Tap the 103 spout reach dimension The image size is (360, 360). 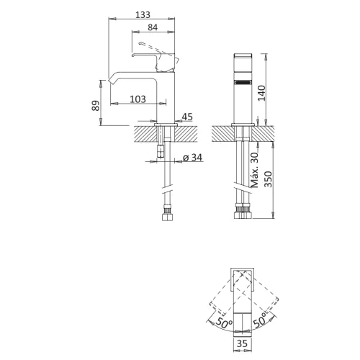pyautogui.click(x=139, y=98)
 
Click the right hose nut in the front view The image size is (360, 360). pyautogui.click(x=247, y=213)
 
